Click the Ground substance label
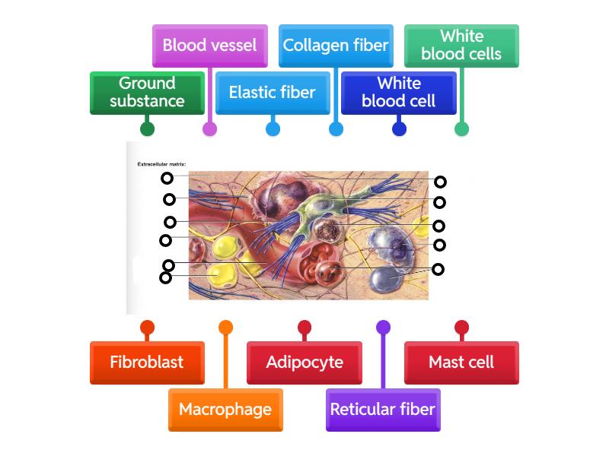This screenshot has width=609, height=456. click(x=147, y=93)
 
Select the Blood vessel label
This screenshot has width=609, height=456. click(x=209, y=46)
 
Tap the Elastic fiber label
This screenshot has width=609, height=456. click(x=273, y=93)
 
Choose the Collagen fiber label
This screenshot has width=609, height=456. click(x=336, y=46)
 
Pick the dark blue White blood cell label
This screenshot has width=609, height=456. click(x=398, y=93)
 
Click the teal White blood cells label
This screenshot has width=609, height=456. click(x=461, y=46)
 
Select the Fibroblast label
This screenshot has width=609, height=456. click(x=147, y=363)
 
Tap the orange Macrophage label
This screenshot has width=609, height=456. click(x=225, y=410)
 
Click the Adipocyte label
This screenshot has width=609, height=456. click(x=304, y=363)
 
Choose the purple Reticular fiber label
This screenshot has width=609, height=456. click(x=383, y=410)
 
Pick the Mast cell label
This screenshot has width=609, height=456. click(x=461, y=363)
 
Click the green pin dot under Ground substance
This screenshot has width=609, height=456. click(x=148, y=129)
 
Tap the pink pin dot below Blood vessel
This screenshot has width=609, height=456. click(x=209, y=129)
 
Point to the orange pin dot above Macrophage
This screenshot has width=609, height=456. click(x=225, y=328)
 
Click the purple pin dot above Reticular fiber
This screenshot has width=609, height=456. click(x=383, y=328)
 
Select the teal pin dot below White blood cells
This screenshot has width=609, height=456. click(x=461, y=129)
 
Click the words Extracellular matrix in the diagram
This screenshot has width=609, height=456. click(x=161, y=164)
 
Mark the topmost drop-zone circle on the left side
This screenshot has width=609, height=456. click(x=167, y=179)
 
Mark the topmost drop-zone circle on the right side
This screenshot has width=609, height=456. click(x=440, y=182)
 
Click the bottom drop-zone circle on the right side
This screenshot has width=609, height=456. click(x=438, y=269)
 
